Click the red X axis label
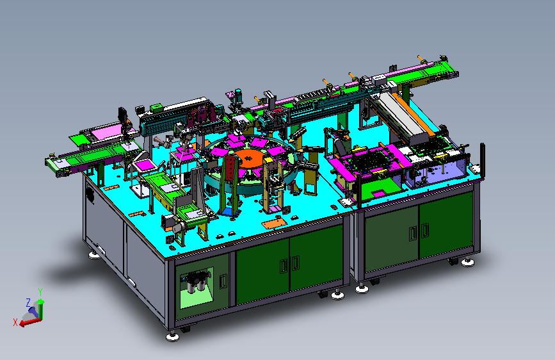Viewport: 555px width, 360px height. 15,322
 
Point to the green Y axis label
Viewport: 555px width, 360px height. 40,292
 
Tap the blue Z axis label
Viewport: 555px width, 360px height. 28,302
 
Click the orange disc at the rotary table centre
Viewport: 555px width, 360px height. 249,158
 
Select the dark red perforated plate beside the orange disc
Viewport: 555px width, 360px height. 231,169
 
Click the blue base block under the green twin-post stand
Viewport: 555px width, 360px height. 230,211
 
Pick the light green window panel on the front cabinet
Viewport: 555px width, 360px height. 197,288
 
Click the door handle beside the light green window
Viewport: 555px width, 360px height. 223,281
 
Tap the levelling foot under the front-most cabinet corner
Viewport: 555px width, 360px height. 172,336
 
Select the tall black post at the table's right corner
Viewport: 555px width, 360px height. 482,160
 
